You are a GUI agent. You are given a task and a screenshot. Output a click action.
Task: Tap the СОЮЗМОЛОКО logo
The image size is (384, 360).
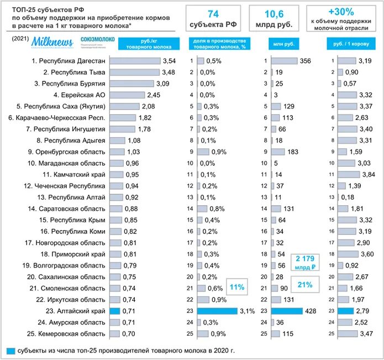pyautogui.click(x=97, y=40)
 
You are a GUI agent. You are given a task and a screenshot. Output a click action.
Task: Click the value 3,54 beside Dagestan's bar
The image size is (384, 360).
pyautogui.click(x=169, y=60)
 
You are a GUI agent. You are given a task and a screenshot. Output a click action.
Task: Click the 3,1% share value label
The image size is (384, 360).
pyautogui.click(x=247, y=311)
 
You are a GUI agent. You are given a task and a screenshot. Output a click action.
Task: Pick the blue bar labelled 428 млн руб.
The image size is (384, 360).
pyautogui.click(x=287, y=311)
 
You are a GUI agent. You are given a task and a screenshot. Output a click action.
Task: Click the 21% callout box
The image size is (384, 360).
pyautogui.click(x=304, y=284)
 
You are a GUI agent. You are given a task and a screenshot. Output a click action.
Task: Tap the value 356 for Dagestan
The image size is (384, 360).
pyautogui.click(x=305, y=60)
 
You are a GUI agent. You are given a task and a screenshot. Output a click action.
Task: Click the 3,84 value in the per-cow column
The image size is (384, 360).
pyautogui.click(x=368, y=174)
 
